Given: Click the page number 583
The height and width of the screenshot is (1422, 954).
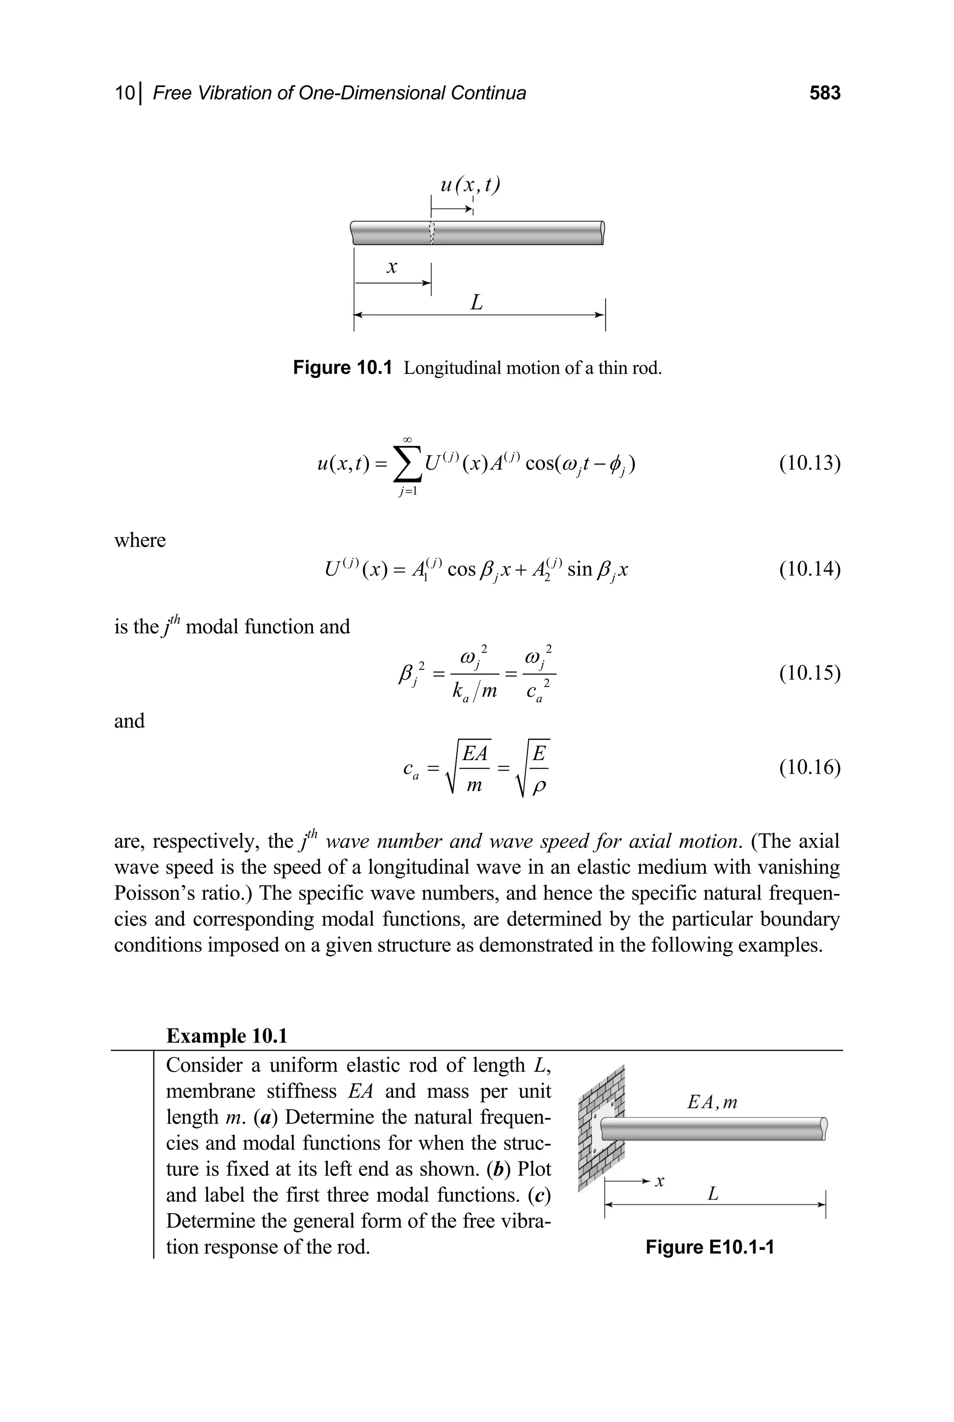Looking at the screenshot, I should tap(825, 93).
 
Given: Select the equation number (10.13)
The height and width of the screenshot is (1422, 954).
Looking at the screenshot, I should tap(810, 463).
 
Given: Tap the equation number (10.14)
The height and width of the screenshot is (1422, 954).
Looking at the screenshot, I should tap(810, 569).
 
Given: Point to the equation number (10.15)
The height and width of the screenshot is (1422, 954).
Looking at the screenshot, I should tap(810, 673).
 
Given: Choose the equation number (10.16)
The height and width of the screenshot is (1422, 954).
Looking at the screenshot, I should tap(810, 768).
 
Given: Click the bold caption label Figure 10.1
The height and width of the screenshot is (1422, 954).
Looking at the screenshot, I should tap(342, 368).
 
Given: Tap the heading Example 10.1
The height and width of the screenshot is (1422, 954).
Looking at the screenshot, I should tap(226, 1036).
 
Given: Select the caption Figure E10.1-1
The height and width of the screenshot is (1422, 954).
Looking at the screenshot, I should tap(709, 1247).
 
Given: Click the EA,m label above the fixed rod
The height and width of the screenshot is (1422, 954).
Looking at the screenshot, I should tap(712, 1102).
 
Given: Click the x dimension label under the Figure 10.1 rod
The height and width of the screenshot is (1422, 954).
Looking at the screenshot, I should tap(392, 267).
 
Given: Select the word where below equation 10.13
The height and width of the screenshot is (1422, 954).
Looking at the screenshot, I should tap(140, 540).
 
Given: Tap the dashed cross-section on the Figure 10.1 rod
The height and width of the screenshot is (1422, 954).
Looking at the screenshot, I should tap(432, 233).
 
